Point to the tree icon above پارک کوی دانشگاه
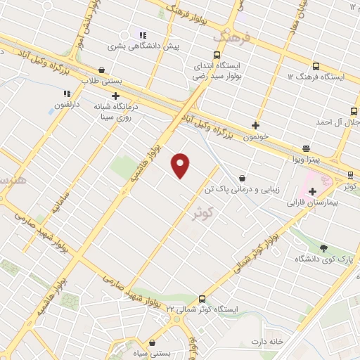[323, 247]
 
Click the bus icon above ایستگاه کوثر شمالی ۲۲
[202, 298]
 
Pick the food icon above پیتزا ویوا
[306, 148]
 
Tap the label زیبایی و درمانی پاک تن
[241, 190]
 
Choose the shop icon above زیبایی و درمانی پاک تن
[242, 178]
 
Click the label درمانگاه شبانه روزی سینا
[116, 112]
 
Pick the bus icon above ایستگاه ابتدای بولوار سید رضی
[216, 55]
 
